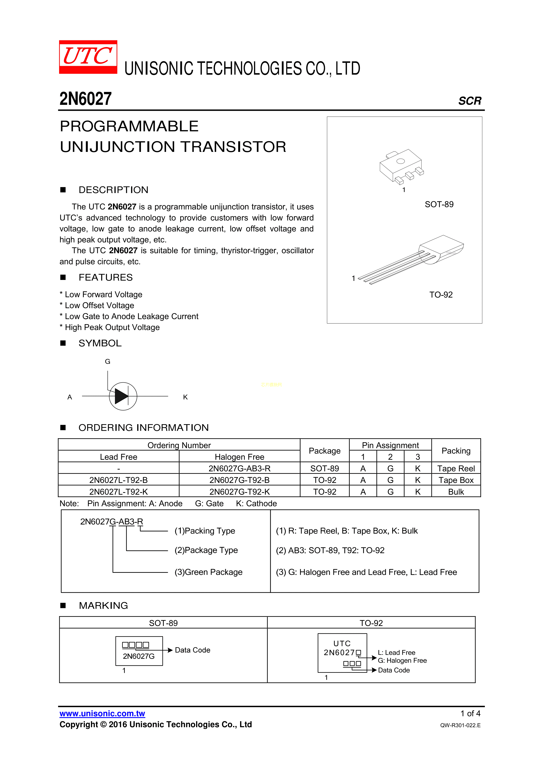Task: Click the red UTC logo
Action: [x=88, y=57]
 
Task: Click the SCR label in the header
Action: [x=469, y=101]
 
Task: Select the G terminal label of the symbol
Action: [x=107, y=362]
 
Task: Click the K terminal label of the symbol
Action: [x=185, y=397]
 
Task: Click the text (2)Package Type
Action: [x=206, y=550]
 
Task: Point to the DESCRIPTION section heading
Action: [x=113, y=190]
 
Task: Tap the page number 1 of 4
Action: [x=470, y=714]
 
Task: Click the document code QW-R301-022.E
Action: [x=460, y=725]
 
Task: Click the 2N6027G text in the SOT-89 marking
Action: [x=139, y=656]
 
